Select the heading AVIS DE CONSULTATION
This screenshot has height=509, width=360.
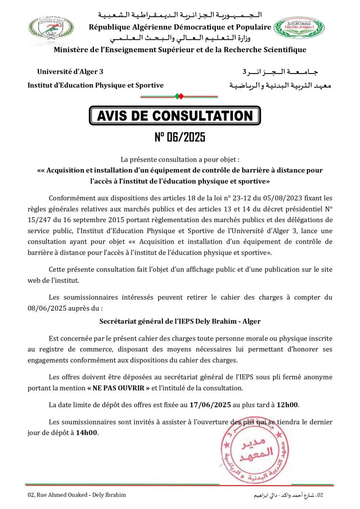tap(175, 116)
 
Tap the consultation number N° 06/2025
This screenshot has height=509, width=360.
tap(180, 137)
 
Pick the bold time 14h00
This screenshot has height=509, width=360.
tap(87, 432)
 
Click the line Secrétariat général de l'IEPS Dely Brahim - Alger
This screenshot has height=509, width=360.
tap(180, 322)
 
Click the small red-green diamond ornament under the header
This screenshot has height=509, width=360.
tap(180, 95)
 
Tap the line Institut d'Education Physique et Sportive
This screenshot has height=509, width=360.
tap(95, 85)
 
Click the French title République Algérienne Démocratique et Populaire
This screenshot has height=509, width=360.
tap(180, 27)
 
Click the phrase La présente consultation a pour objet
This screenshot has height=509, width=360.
tap(180, 159)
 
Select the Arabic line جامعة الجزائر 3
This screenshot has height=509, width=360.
tap(286, 73)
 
